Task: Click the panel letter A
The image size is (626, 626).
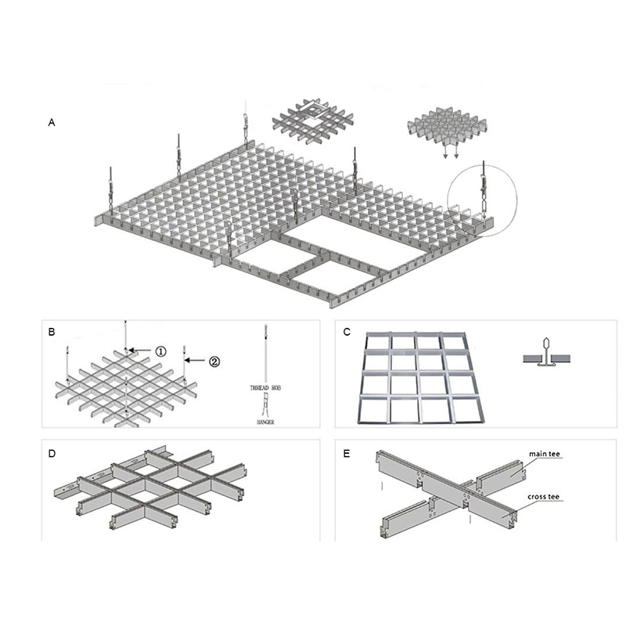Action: click(x=52, y=123)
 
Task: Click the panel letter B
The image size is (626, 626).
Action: click(x=52, y=333)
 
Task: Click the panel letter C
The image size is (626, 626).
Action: click(x=347, y=333)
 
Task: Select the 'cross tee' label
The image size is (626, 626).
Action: click(x=547, y=496)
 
